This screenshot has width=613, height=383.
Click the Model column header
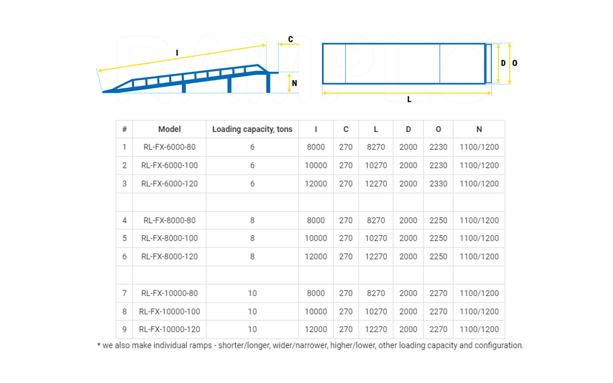(x=169, y=129)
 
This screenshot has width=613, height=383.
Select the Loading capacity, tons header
(x=252, y=129)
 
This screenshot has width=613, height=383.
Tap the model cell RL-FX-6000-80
(x=169, y=147)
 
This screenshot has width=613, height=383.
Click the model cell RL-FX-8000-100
(x=169, y=238)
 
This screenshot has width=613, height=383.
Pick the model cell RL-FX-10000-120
(x=169, y=329)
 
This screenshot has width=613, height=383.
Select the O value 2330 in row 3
(x=438, y=184)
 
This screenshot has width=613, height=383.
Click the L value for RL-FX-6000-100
(x=376, y=165)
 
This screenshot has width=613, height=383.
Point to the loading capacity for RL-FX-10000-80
(x=252, y=293)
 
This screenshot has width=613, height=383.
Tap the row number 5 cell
(x=124, y=238)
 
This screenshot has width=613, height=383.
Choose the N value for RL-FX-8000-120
(x=479, y=257)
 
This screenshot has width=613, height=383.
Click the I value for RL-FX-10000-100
(x=316, y=312)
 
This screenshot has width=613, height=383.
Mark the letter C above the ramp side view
(x=291, y=39)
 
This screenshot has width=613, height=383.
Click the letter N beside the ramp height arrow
(x=294, y=83)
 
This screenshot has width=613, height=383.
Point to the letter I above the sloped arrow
(x=177, y=53)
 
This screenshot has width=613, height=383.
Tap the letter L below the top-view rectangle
(x=409, y=100)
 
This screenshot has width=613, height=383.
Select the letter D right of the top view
(x=503, y=63)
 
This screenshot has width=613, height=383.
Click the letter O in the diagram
(x=515, y=63)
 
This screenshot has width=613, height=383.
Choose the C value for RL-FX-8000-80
(x=346, y=220)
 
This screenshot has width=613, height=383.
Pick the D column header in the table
(x=408, y=129)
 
